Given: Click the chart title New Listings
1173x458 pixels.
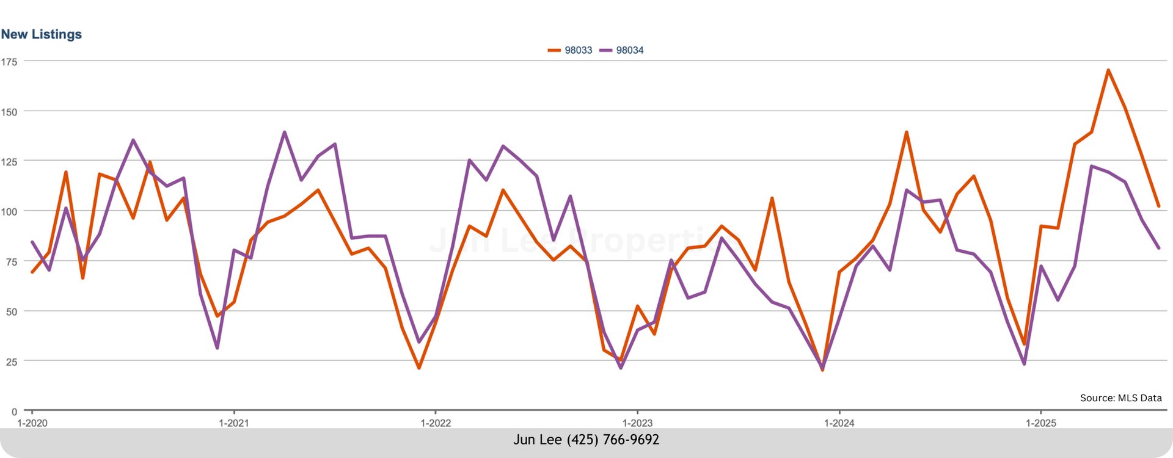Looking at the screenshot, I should click(42, 34).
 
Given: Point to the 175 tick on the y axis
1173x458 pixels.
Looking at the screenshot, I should click(9, 62).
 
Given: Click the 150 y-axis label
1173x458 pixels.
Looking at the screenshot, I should click(9, 112).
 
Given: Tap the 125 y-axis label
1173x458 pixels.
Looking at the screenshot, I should click(9, 162).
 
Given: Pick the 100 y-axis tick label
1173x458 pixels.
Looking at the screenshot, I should click(9, 212).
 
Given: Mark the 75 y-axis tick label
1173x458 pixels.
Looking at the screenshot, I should click(11, 262).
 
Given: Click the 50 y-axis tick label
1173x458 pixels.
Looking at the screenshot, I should click(11, 311).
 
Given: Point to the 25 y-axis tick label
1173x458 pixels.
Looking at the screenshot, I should click(11, 362).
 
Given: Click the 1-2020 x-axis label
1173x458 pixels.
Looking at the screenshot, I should click(32, 423).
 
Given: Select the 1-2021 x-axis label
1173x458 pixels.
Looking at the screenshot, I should click(234, 423).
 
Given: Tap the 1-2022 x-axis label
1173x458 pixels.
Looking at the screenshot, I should click(436, 423).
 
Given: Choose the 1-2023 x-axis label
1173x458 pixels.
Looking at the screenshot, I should click(637, 423).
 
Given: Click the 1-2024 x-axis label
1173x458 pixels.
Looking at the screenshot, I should click(839, 423).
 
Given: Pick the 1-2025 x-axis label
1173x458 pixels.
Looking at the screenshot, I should click(1041, 423).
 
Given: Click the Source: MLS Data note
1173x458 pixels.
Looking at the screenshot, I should click(1120, 398).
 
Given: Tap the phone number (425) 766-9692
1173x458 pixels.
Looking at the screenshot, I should click(613, 440).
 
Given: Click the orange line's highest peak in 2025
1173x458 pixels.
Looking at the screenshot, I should click(1108, 70).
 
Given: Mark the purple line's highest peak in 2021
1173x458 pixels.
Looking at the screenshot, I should click(285, 132).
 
